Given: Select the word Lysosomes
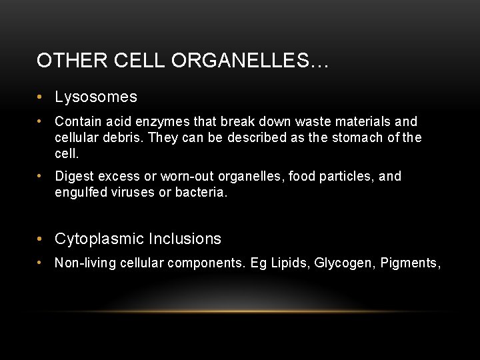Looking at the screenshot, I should (x=96, y=97).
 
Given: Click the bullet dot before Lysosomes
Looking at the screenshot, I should (x=41, y=97).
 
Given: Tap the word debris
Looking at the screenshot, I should (x=121, y=138).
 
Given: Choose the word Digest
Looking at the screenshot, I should (x=74, y=177).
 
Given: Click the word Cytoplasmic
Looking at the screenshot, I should (x=99, y=239).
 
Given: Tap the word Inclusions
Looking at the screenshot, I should (x=185, y=239).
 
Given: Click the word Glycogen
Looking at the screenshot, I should (x=343, y=263).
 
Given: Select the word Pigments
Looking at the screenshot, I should (x=411, y=263).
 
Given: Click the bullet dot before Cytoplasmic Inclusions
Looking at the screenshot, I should (x=41, y=239).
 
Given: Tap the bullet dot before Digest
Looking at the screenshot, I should (x=41, y=177).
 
